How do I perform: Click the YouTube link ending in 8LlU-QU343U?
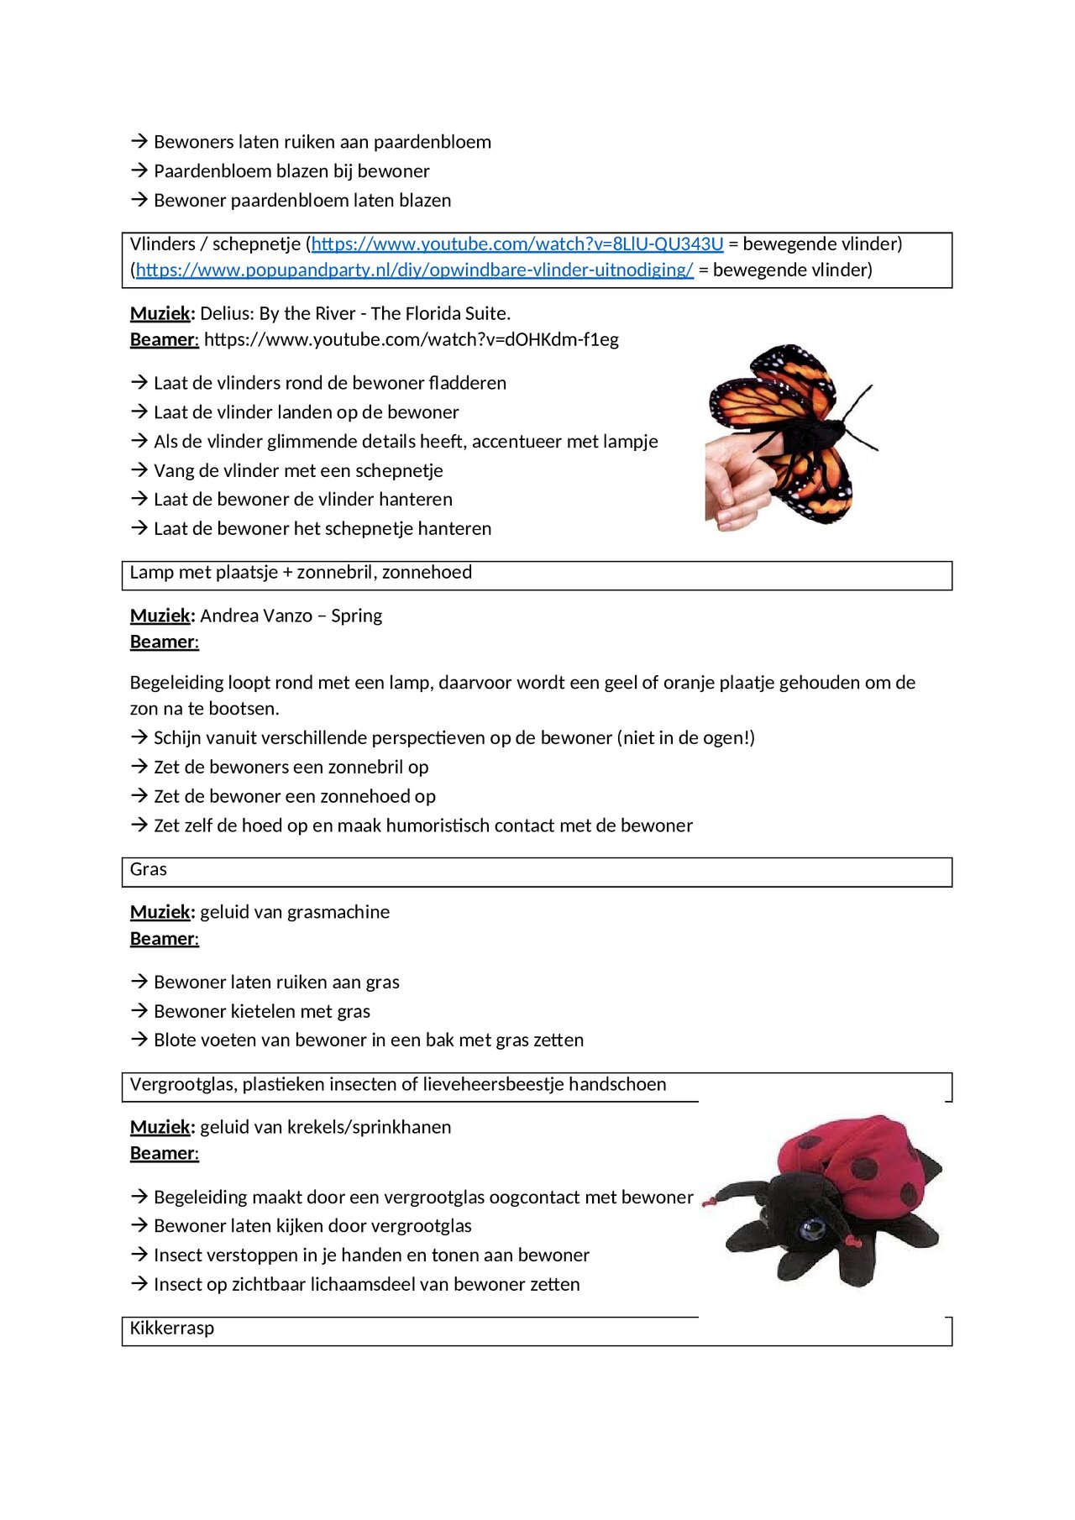pyautogui.click(x=517, y=244)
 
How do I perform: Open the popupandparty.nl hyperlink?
pyautogui.click(x=414, y=270)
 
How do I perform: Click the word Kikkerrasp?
pyautogui.click(x=172, y=1329)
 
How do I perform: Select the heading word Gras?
pyautogui.click(x=149, y=870)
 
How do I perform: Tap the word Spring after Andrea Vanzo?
pyautogui.click(x=356, y=616)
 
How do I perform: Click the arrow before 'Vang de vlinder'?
pyautogui.click(x=139, y=470)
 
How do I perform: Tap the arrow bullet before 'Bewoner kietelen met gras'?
pyautogui.click(x=139, y=1011)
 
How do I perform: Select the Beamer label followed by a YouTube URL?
pyautogui.click(x=164, y=340)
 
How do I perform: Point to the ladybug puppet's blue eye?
pyautogui.click(x=812, y=1231)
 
